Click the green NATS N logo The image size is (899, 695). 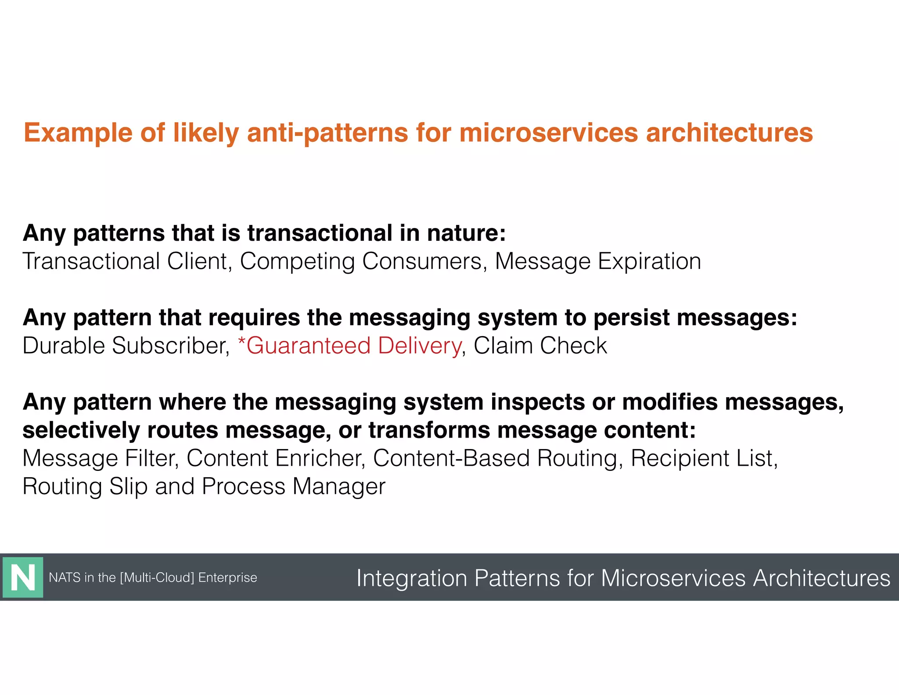tap(23, 577)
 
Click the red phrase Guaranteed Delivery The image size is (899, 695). tap(354, 346)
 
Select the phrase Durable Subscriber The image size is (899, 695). tap(126, 346)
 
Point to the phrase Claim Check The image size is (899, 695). tap(540, 346)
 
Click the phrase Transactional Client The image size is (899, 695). tap(126, 261)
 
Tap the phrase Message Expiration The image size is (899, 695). tap(598, 261)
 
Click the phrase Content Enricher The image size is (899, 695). tap(276, 458)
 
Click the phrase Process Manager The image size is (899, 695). tap(293, 487)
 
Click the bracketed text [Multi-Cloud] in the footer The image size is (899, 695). tap(157, 577)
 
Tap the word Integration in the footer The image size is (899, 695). tap(411, 578)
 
